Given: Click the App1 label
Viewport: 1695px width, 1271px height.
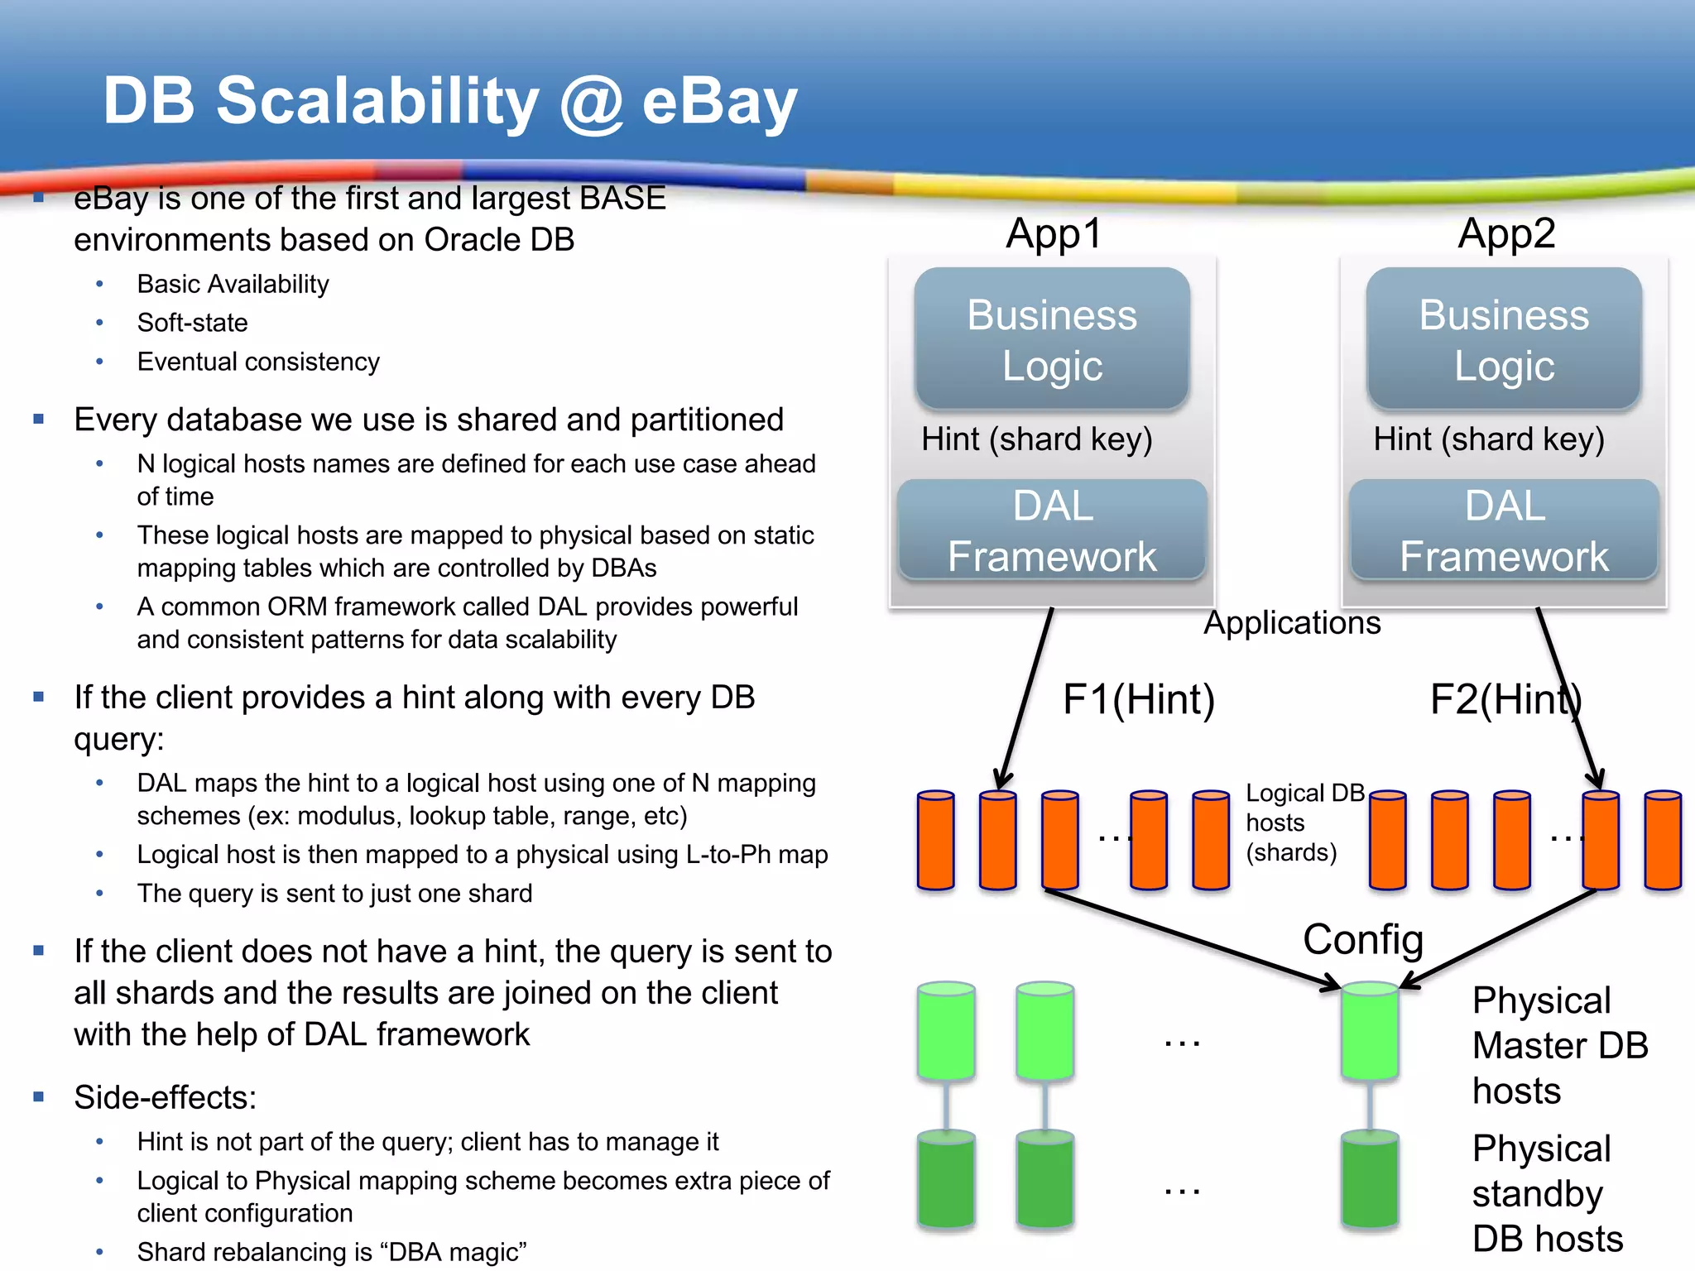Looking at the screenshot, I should pyautogui.click(x=1053, y=233).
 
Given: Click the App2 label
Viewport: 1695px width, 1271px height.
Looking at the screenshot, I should pyautogui.click(x=1506, y=233).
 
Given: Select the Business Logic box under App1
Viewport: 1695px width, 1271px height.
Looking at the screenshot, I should pyautogui.click(x=1052, y=338).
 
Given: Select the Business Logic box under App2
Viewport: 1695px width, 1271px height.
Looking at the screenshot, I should pyautogui.click(x=1504, y=338).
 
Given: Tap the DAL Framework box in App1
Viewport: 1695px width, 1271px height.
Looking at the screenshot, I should pyautogui.click(x=1052, y=530).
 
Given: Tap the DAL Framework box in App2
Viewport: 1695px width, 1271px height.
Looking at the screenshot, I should pyautogui.click(x=1504, y=530).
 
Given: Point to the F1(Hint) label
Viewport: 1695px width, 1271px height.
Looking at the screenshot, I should pyautogui.click(x=1138, y=699).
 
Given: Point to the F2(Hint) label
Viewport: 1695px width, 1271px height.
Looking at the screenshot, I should pyautogui.click(x=1505, y=699).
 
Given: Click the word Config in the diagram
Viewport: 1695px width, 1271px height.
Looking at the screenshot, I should pyautogui.click(x=1362, y=939).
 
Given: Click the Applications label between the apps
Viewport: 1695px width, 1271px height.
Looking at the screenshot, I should pyautogui.click(x=1292, y=623).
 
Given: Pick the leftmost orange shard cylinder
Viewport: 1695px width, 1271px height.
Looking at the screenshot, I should pyautogui.click(x=935, y=840).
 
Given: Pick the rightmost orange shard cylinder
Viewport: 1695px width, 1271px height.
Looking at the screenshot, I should pyautogui.click(x=1663, y=840).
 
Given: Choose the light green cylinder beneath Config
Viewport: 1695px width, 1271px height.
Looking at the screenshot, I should pyautogui.click(x=1370, y=1030).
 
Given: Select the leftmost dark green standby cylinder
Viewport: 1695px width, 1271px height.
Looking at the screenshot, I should pyautogui.click(x=946, y=1179).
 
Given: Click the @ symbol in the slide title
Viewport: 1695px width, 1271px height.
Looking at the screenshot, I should pyautogui.click(x=591, y=101).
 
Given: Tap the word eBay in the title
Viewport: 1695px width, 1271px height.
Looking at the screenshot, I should pyautogui.click(x=719, y=101).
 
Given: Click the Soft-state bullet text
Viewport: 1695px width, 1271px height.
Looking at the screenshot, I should pyautogui.click(x=192, y=323).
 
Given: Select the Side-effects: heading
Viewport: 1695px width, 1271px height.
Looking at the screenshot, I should pyautogui.click(x=165, y=1097).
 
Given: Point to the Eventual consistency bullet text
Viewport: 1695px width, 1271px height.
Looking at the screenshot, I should pyautogui.click(x=258, y=362).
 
